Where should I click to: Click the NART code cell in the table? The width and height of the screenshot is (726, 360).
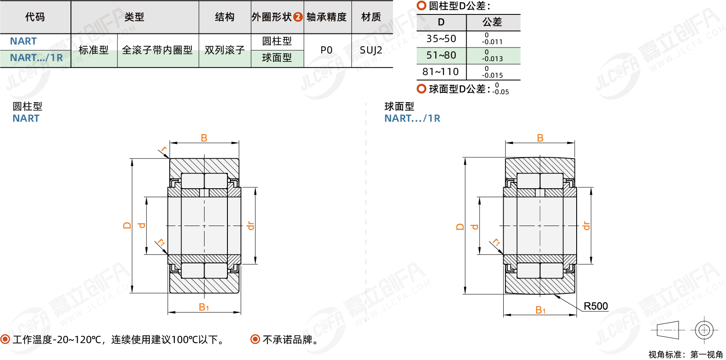(23, 41)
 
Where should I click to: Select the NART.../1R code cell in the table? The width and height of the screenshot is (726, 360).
(36, 58)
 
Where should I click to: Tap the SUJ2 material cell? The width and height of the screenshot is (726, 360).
(371, 50)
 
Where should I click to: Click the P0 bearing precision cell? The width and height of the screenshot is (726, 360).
(326, 50)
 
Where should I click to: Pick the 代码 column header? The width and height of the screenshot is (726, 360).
(35, 17)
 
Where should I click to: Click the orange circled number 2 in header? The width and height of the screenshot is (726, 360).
(298, 17)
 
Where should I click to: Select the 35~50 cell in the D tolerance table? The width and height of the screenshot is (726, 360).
(441, 39)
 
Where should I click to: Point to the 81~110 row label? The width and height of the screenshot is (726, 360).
(440, 72)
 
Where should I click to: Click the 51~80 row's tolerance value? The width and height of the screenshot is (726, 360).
(492, 56)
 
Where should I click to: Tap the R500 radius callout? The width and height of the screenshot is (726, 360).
(595, 306)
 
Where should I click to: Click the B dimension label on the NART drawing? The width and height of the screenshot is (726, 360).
(204, 138)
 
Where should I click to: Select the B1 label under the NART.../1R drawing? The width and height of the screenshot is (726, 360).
(540, 310)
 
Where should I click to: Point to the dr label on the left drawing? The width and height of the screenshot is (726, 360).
(251, 226)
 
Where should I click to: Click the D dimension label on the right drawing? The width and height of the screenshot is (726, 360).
(460, 226)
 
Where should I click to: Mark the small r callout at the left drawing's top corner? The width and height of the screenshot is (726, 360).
(164, 149)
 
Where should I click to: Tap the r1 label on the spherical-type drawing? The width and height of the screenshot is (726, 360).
(496, 242)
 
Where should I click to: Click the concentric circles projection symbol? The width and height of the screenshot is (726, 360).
(704, 330)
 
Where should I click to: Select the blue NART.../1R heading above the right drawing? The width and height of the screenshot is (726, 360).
(412, 118)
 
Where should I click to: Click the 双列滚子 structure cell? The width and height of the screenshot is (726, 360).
(224, 50)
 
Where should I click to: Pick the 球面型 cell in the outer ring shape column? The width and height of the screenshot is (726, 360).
(277, 58)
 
